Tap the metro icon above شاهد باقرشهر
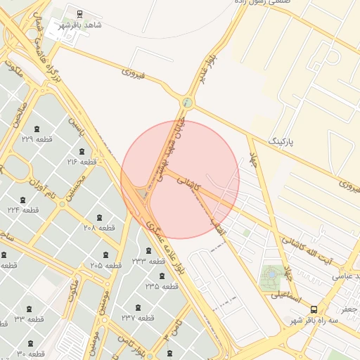pos(79,13)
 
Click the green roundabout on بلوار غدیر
pos(186,103)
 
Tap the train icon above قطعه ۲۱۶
pos(82,151)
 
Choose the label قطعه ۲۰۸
pos(98,228)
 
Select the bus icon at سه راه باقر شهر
pos(314,309)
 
